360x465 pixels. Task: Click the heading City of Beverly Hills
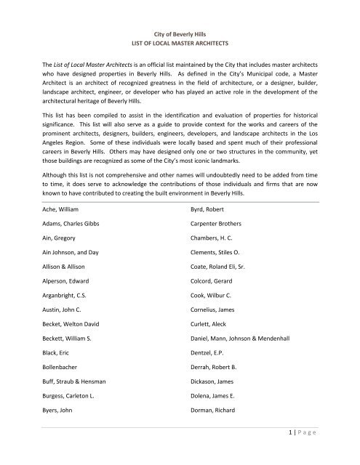click(180, 34)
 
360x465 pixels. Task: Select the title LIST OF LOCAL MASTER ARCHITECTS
click(180, 46)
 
